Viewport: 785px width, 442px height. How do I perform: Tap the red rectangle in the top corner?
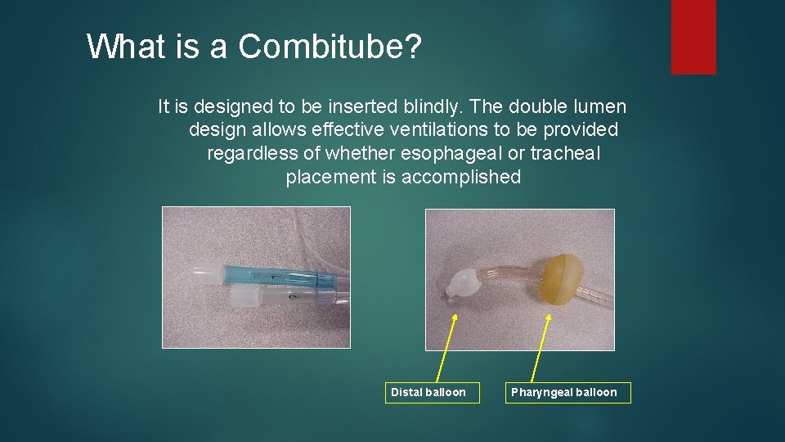point(693,36)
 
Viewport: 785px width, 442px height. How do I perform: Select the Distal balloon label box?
point(428,392)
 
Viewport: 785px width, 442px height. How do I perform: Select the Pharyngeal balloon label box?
point(563,392)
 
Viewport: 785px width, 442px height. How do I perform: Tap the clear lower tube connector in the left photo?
point(274,296)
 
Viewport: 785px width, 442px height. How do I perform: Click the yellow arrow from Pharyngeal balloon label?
point(541,344)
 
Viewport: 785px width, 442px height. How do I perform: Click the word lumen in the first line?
point(601,106)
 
